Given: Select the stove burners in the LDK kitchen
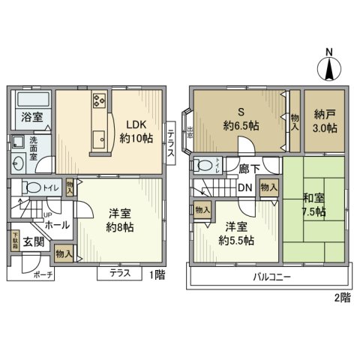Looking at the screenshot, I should point(100,100).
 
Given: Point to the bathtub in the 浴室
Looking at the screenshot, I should point(31,99).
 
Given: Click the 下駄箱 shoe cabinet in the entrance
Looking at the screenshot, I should point(14,239).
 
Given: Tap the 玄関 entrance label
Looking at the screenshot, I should point(33,242).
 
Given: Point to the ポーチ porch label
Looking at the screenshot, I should point(43,274).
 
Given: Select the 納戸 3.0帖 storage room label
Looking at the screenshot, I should point(325,121).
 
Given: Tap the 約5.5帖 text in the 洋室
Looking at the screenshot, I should point(235,240).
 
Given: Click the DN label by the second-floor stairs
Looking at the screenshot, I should point(244,187).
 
